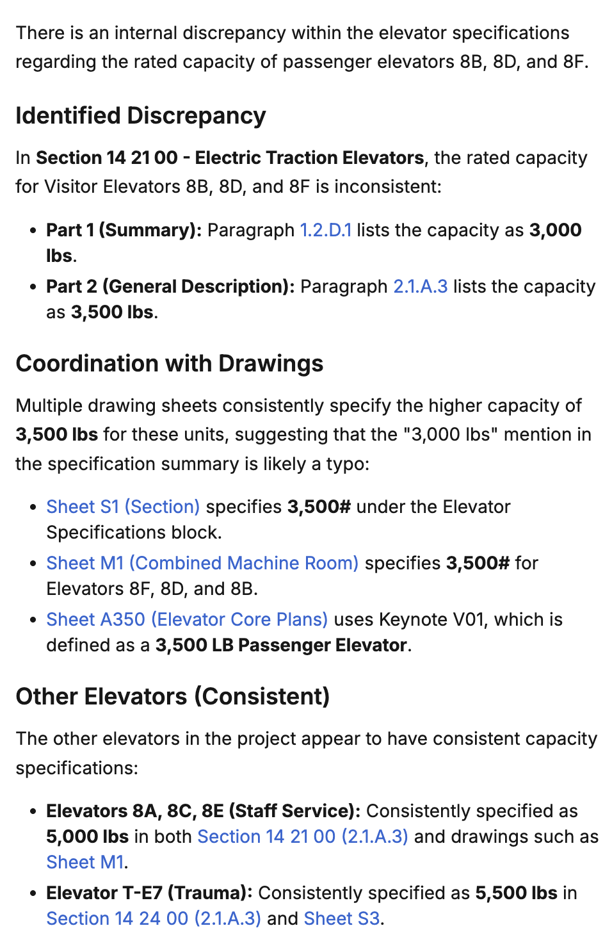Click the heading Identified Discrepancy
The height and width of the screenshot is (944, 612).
pos(140,116)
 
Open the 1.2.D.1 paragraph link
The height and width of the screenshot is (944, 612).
pos(325,230)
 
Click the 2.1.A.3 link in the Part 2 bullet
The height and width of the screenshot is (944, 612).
pos(420,286)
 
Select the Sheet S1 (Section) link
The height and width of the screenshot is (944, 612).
pos(123,507)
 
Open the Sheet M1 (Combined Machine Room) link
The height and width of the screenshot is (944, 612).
pos(202,563)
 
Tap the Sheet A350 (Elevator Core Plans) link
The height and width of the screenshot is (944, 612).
pos(187,619)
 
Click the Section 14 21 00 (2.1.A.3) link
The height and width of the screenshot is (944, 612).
pos(302,836)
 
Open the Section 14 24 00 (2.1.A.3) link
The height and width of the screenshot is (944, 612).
pos(153,918)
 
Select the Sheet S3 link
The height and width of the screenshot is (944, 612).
pos(341,918)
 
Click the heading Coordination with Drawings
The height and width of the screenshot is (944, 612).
pos(169,364)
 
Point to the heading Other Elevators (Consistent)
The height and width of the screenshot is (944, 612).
pos(172,697)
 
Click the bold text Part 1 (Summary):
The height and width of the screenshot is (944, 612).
pos(124,230)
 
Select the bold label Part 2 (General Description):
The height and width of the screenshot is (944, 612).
pos(170,286)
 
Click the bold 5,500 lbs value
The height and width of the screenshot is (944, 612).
pos(516,893)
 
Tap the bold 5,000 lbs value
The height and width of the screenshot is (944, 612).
pos(87,836)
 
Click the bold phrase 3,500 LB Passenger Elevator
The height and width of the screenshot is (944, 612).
pos(280,645)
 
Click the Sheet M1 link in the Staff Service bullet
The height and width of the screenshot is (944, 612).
pos(85,862)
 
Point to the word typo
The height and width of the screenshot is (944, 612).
pos(345,464)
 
